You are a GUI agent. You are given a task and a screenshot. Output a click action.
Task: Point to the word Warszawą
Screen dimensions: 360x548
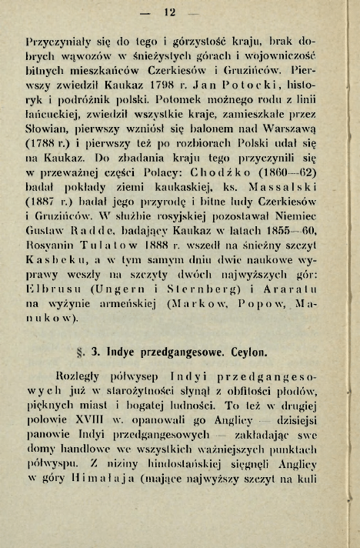point(291,161)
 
